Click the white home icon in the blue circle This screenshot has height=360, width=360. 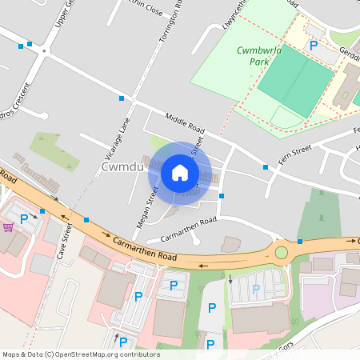coord(180,172)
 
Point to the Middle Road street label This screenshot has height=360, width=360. coord(185,123)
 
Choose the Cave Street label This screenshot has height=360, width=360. coord(66,242)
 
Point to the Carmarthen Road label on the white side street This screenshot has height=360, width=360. coord(189,230)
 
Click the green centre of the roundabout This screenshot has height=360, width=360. coord(281,253)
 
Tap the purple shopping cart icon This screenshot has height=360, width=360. coord(8,227)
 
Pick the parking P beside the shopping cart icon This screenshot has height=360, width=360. coord(24,218)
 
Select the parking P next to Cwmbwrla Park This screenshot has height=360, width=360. coord(314,46)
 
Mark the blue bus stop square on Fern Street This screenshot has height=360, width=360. coord(265,167)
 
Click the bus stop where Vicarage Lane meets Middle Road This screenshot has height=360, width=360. coord(122,98)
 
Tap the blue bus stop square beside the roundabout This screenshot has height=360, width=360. coord(300,241)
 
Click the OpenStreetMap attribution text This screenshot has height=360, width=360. coord(81,354)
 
